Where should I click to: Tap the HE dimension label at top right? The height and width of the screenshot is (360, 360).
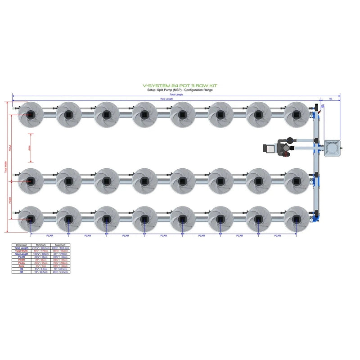(x=330, y=99)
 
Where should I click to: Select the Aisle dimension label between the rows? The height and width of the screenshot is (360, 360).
(x=29, y=148)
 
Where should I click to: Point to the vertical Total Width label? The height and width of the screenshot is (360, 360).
(x=6, y=167)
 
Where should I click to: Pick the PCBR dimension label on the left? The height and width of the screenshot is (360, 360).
(x=10, y=200)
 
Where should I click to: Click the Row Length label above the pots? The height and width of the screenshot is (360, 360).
(x=166, y=99)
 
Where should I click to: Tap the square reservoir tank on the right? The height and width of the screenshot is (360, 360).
(x=333, y=148)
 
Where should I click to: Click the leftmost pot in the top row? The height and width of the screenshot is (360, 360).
(x=30, y=114)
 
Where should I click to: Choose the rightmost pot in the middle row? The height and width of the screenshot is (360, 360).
(x=297, y=180)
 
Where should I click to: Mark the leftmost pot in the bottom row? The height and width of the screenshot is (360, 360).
(x=30, y=219)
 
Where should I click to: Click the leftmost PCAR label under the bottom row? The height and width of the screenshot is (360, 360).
(x=49, y=235)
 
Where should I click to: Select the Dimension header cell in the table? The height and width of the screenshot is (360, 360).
(x=22, y=245)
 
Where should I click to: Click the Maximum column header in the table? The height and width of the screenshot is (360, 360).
(x=60, y=245)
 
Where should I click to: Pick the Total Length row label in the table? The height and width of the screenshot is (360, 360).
(x=22, y=248)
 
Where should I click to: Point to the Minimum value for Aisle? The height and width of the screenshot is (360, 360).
(x=41, y=266)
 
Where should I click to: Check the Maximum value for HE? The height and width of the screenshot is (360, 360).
(x=60, y=272)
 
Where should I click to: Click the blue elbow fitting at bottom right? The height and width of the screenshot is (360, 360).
(x=318, y=216)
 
